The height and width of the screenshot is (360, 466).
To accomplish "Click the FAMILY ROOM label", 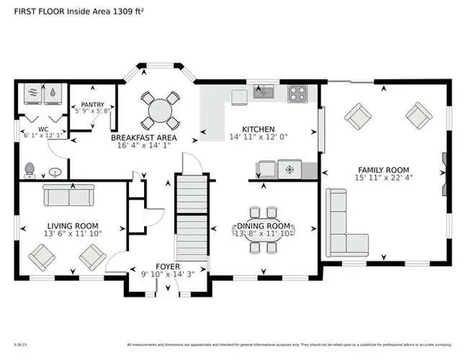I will pyautogui.click(x=383, y=169).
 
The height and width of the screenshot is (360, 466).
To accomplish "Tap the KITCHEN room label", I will pyautogui.click(x=257, y=129).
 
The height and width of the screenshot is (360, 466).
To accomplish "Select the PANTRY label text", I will pyautogui.click(x=94, y=105).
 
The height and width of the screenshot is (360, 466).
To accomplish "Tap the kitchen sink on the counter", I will pyautogui.click(x=263, y=93).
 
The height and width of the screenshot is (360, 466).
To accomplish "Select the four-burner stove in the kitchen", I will pyautogui.click(x=298, y=93).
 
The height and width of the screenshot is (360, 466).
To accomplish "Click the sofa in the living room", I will pyautogui.click(x=66, y=195).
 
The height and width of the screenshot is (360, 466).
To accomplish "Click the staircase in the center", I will pyautogui.click(x=191, y=217).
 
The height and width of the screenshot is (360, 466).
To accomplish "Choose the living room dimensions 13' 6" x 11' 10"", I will pyautogui.click(x=73, y=234).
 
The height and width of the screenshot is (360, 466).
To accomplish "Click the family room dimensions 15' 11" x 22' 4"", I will pyautogui.click(x=383, y=178).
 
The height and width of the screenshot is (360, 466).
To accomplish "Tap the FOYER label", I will pyautogui.click(x=167, y=266).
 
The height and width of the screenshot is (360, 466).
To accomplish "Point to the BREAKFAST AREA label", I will pyautogui.click(x=144, y=139).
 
